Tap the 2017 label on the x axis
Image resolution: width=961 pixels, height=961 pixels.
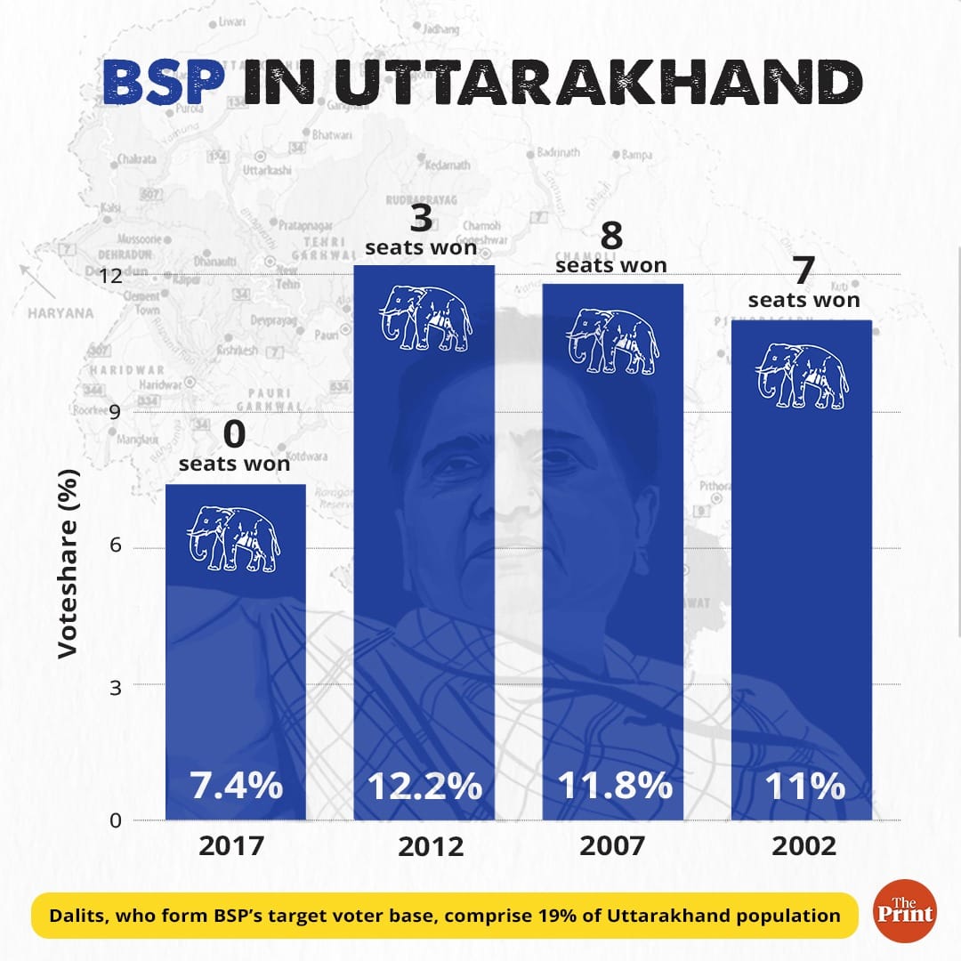click(231, 845)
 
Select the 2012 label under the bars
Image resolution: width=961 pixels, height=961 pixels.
click(424, 845)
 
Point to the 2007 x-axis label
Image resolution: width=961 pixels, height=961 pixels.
click(612, 845)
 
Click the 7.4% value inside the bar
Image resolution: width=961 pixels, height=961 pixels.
click(236, 787)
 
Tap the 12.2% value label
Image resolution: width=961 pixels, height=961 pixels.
click(424, 787)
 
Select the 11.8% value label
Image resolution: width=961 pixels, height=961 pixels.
click(613, 787)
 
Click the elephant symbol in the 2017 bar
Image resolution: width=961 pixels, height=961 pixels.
click(234, 537)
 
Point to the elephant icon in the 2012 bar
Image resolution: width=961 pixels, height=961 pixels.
click(425, 318)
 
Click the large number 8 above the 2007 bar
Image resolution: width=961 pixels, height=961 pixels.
click(611, 238)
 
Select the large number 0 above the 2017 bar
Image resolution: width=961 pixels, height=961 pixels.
click(234, 435)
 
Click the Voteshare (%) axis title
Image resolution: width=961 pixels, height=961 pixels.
click(69, 565)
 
